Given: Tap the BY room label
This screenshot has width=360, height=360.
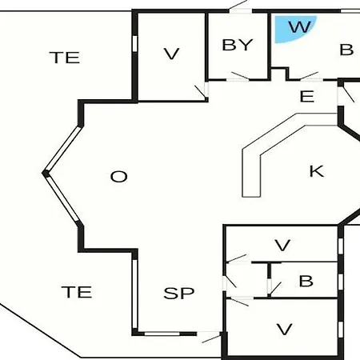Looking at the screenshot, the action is tap(238, 45).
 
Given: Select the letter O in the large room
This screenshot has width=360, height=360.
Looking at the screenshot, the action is tap(119, 177).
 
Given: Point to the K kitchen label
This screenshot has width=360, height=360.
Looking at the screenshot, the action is tap(317, 171).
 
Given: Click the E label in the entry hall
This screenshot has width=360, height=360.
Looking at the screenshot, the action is tap(307, 96).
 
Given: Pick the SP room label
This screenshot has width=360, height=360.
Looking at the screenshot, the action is tap(179, 293).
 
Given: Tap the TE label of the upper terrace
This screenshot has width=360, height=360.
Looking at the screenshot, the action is tap(65, 58).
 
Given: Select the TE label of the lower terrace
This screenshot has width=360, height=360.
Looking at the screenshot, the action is tap(77, 292).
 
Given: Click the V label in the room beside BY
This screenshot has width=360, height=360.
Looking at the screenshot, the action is tap(171, 54).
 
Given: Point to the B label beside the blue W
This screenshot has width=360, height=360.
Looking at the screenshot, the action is tap(346, 50).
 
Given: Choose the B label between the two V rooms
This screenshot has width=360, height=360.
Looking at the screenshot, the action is tap(306, 281).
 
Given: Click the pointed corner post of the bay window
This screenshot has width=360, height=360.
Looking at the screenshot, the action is tap(46, 174).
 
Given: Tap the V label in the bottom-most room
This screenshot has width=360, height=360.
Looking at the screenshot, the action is tap(284, 329).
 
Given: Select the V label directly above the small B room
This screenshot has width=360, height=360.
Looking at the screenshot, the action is tap(282, 245).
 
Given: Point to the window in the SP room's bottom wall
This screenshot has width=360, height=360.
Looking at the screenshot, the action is tap(162, 334).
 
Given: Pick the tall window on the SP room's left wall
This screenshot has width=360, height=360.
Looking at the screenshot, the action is tap(135, 294).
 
